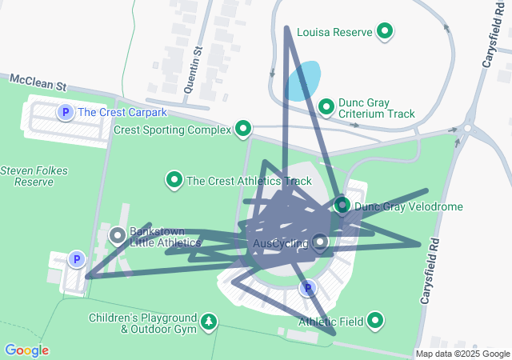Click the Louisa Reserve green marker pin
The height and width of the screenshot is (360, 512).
(386, 32)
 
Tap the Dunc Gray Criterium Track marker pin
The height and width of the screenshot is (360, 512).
(326, 106)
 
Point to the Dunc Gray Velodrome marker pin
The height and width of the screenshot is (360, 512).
(342, 206)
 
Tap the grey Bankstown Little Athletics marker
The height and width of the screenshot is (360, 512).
(117, 236)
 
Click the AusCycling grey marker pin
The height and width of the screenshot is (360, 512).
(321, 242)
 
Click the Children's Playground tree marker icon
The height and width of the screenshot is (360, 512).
(210, 322)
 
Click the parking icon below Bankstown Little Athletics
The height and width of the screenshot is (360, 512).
(76, 259)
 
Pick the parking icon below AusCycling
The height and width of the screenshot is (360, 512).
(306, 288)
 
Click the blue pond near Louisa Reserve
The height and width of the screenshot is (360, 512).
(303, 82)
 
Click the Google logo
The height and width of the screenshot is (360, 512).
(26, 350)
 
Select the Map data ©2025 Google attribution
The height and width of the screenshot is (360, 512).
(462, 354)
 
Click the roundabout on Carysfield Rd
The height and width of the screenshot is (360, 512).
(467, 128)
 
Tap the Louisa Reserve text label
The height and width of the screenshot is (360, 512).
(334, 33)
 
